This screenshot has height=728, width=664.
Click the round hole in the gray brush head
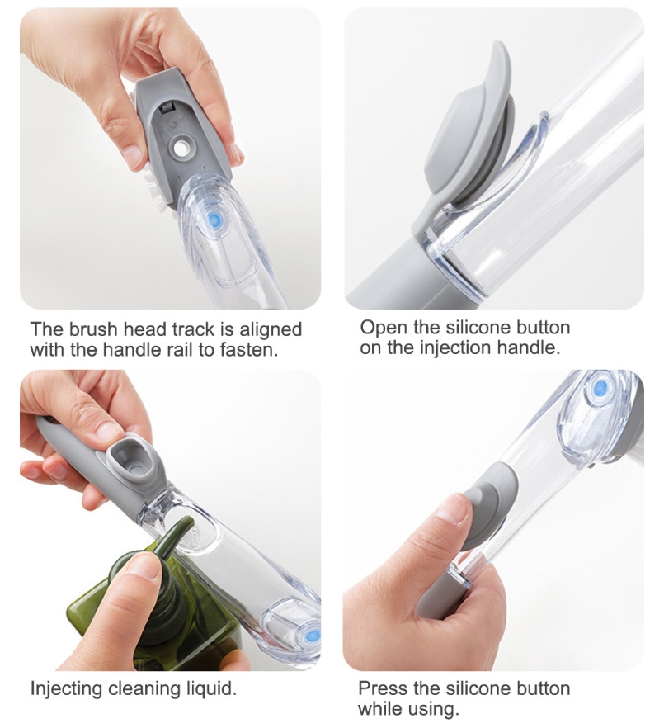click(x=180, y=148)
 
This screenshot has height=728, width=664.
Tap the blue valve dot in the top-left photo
click(x=213, y=219)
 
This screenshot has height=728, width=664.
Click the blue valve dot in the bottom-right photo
click(x=600, y=385)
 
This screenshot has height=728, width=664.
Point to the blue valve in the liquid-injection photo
click(x=313, y=634)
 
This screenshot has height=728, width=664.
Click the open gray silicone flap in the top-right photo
click(x=469, y=125)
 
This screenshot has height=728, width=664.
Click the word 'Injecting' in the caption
click(x=67, y=688)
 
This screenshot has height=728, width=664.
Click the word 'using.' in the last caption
click(x=433, y=709)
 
